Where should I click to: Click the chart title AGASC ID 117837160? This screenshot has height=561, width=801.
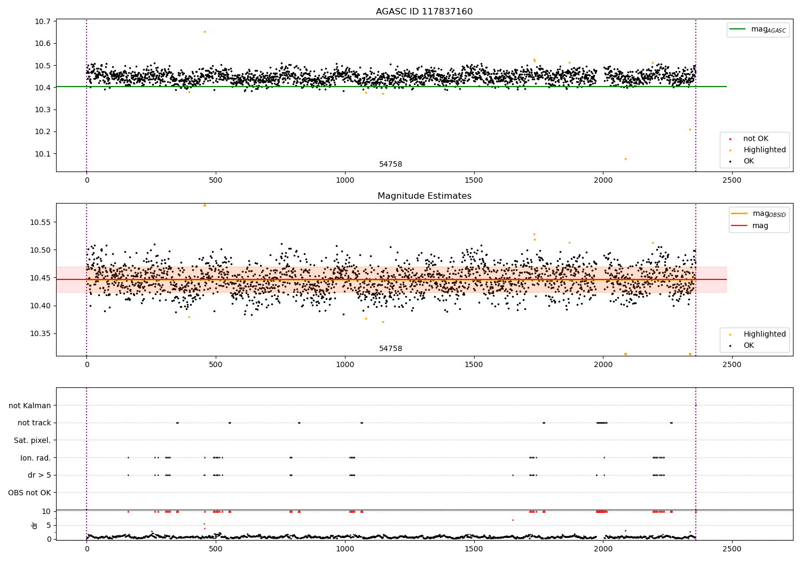(x=424, y=12)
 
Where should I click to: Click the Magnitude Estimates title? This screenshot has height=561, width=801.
(x=424, y=196)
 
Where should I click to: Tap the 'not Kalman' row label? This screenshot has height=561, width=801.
(x=30, y=406)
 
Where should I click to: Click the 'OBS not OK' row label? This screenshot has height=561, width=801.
(x=30, y=493)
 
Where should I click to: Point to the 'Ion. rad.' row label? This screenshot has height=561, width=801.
(x=36, y=458)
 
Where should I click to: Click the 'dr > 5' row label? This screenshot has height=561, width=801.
(x=40, y=476)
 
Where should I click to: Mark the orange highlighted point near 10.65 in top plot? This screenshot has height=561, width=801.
(x=205, y=32)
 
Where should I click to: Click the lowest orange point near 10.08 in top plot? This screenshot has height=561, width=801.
(x=625, y=159)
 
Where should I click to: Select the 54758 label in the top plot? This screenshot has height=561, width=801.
(x=390, y=165)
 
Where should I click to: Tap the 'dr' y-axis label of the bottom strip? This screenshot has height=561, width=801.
(x=35, y=525)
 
